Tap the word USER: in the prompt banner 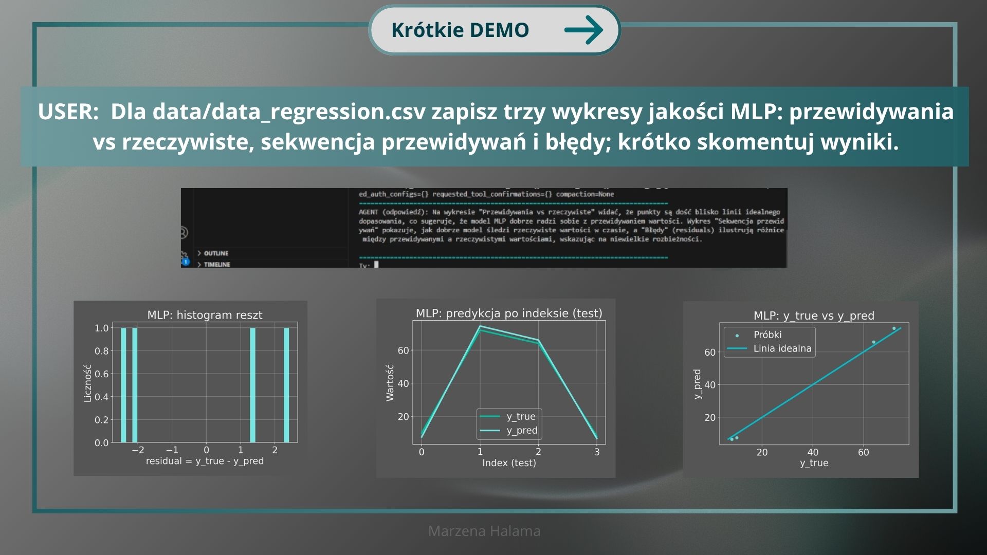[68, 112]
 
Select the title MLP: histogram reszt [205, 315]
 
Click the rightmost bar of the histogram [286, 385]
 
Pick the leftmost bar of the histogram [123, 385]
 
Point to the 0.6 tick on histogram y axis [101, 374]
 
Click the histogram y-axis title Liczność [87, 383]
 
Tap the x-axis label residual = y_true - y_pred [205, 461]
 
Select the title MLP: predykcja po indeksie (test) [509, 313]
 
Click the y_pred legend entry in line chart [521, 430]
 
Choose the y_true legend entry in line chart [521, 416]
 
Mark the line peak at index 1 [480, 327]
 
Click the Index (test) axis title [509, 462]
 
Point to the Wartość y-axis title [390, 383]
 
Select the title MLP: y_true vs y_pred [814, 316]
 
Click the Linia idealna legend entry [782, 348]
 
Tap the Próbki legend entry [767, 335]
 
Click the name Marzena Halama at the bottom [484, 531]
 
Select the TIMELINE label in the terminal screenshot [217, 264]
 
